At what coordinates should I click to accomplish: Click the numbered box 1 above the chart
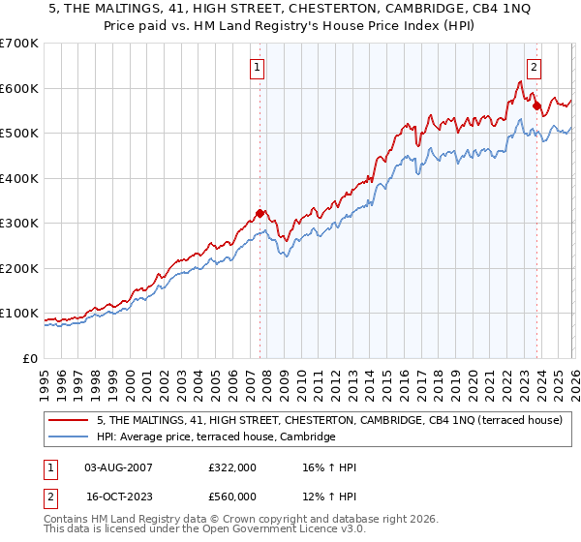(258, 68)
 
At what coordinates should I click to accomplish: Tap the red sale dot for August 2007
(260, 214)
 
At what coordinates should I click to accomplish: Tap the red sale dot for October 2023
(536, 106)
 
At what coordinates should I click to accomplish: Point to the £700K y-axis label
(19, 44)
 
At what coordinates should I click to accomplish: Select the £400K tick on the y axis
(19, 178)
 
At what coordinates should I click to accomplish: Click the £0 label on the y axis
(31, 358)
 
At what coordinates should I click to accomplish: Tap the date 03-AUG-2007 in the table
(118, 467)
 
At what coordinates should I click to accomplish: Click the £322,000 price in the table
(231, 467)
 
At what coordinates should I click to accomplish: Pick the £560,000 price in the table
(231, 497)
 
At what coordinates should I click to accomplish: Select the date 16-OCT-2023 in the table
(118, 497)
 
